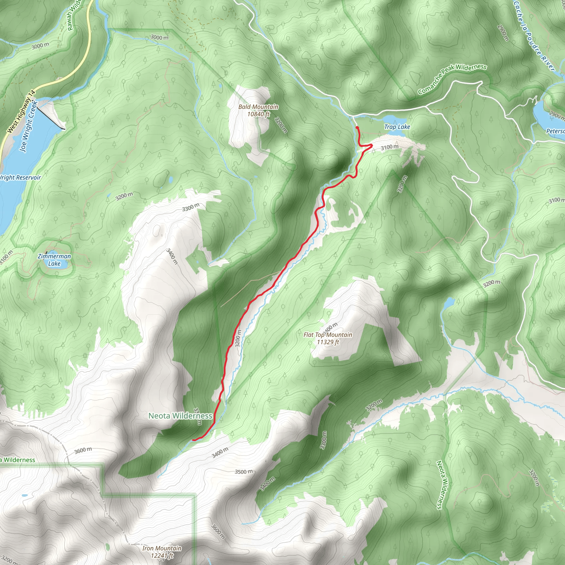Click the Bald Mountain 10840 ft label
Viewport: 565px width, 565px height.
258,110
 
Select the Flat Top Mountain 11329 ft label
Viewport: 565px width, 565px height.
328,338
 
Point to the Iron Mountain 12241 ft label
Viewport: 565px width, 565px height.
162,551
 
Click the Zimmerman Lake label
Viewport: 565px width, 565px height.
54,260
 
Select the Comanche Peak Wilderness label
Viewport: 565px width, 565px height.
452,79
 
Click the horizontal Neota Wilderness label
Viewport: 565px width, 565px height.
180,415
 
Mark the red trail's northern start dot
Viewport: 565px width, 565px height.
357,127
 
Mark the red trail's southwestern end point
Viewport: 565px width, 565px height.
194,439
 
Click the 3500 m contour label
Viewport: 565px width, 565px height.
244,472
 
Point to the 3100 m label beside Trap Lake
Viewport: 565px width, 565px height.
389,147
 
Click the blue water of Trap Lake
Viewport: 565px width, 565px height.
395,120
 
